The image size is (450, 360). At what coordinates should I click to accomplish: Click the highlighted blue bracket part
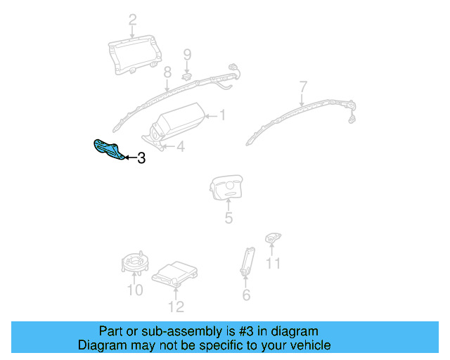point(108,149)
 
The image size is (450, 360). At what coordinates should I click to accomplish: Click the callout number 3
point(141,159)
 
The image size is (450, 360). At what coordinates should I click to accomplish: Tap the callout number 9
point(187,54)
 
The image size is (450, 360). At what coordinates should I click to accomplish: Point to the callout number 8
point(167,72)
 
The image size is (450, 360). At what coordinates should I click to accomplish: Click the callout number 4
point(180,146)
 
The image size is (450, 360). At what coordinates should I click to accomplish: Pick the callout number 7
point(303,87)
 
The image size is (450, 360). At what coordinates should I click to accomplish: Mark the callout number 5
point(229,219)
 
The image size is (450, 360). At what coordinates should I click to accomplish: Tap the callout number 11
point(273,264)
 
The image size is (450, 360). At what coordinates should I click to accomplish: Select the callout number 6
point(245,295)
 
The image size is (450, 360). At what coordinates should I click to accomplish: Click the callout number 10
point(134,290)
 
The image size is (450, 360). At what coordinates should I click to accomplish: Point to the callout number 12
point(176,306)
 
